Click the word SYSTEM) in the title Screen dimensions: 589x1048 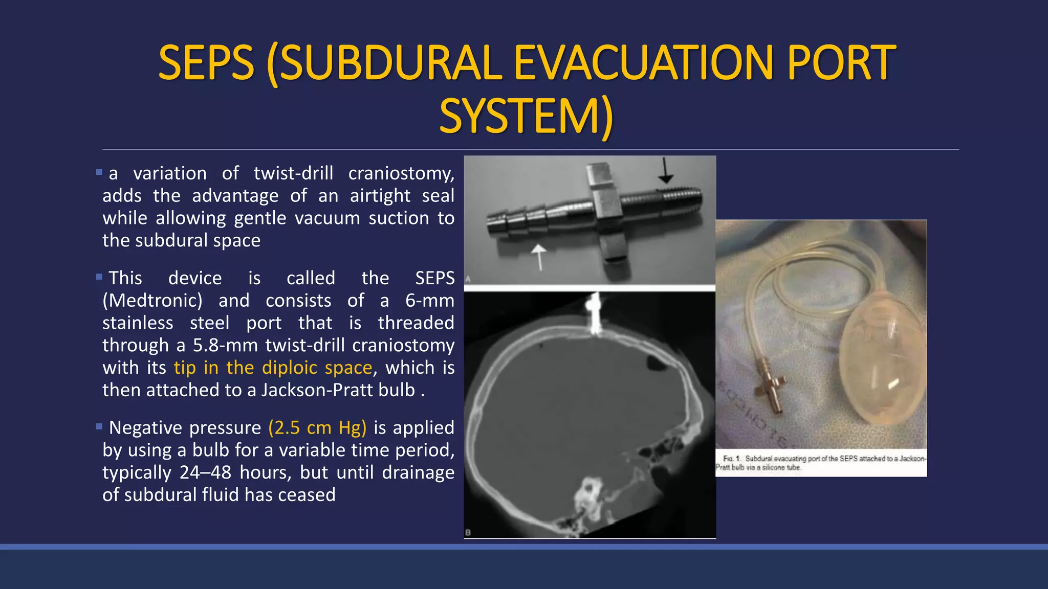pos(526,117)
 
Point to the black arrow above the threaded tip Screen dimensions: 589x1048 pos(665,171)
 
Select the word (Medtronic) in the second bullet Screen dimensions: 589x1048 pos(152,301)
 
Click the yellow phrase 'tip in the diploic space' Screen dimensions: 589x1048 pos(273,368)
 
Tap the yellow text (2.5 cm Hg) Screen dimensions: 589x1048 pos(317,427)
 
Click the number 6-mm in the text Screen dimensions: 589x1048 pos(429,301)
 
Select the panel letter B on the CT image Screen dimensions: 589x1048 pos(468,533)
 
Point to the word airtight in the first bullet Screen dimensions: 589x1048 pos(380,196)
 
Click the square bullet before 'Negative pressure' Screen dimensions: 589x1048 pos(99,426)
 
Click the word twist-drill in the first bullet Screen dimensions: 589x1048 pos(293,173)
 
